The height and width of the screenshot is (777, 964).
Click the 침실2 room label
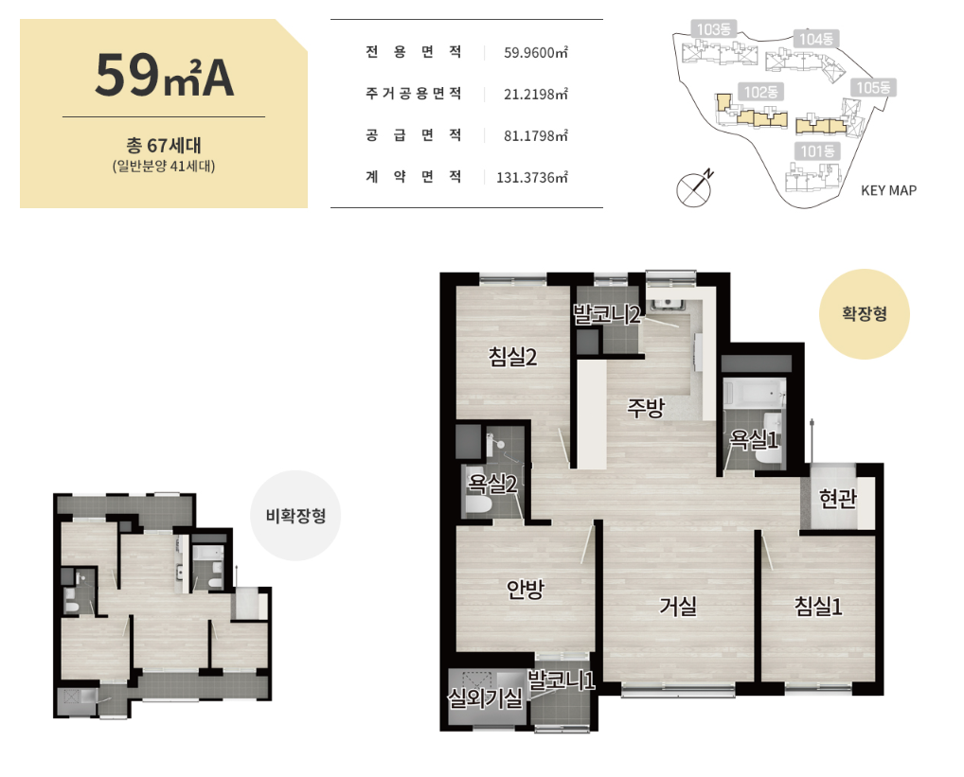coord(512,356)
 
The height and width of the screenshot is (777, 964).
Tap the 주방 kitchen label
coord(646,407)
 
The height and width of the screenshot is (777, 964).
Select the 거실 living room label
coord(678,606)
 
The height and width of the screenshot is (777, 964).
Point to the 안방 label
coord(525,589)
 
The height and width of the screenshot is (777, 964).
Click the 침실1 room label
coord(818,607)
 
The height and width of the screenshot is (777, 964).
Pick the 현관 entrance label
coord(837,498)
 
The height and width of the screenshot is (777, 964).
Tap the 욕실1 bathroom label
coord(754,439)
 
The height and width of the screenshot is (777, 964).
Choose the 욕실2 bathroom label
coord(491,484)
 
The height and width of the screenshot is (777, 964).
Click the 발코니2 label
coord(607,314)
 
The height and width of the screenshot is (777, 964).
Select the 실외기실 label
coord(485,698)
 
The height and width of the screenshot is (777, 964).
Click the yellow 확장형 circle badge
coord(865,314)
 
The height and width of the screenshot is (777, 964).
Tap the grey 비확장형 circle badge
coord(295,516)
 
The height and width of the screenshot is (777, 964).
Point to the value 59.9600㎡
coord(535,52)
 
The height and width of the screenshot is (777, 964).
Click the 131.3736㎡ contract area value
coord(532,178)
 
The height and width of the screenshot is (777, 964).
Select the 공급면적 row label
coord(413,135)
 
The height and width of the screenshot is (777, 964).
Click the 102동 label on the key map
coord(760,92)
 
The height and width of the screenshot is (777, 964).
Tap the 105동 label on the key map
coord(873,88)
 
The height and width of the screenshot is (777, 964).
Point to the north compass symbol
coord(695,188)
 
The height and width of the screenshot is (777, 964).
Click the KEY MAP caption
coord(888,190)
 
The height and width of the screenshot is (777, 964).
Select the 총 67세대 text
coord(164,145)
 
